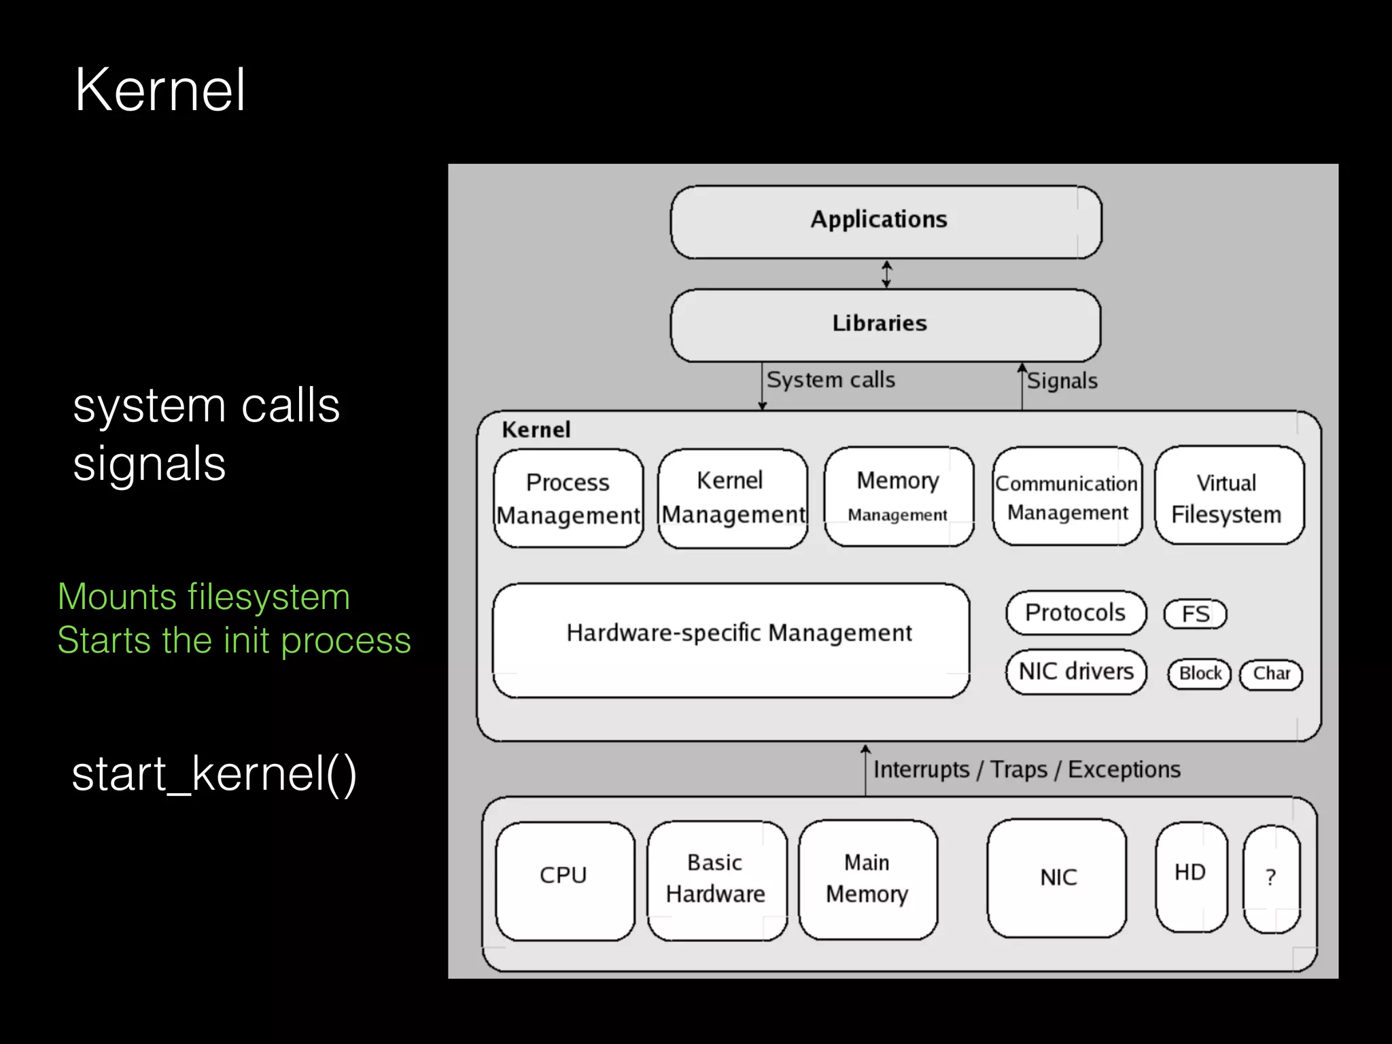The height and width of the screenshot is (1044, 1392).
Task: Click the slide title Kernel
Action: pos(160,90)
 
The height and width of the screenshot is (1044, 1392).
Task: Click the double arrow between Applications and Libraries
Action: pos(886,275)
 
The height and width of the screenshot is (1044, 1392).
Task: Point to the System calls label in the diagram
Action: pos(830,379)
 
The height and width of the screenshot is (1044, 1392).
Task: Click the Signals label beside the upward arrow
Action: pos(1062,381)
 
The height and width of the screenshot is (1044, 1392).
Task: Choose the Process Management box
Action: pos(568,498)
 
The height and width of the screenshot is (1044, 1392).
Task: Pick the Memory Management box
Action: pos(898,496)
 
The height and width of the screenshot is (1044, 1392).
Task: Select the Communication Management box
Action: pos(1066,497)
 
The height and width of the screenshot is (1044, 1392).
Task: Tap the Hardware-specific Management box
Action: pos(731,639)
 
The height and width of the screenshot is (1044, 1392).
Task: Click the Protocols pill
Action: pos(1075,612)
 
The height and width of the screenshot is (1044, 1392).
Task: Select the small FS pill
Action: pos(1195,614)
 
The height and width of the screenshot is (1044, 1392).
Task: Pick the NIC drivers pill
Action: pos(1076,672)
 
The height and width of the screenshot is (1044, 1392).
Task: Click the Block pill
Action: pos(1200,674)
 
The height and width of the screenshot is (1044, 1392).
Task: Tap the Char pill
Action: pos(1271,674)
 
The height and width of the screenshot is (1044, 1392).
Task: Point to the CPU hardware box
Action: pos(564,880)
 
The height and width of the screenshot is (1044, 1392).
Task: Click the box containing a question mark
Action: pos(1271,879)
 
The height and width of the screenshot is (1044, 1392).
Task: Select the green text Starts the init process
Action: pos(234,640)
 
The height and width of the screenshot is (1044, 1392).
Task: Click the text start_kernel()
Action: pos(214,774)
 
